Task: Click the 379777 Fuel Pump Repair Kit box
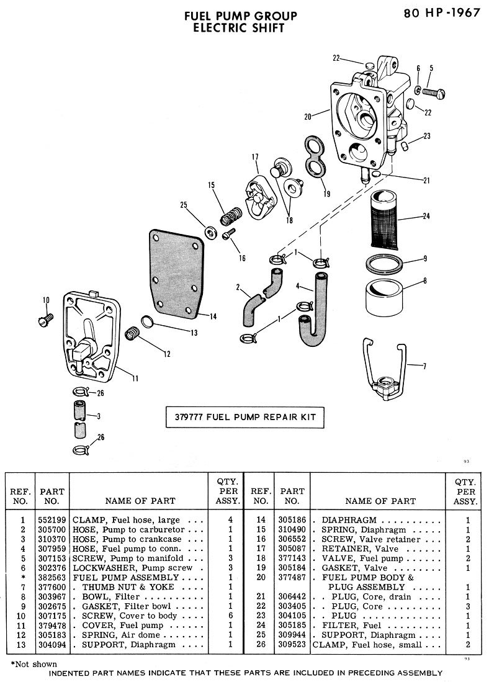[244, 417]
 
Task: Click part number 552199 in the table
[52, 520]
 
